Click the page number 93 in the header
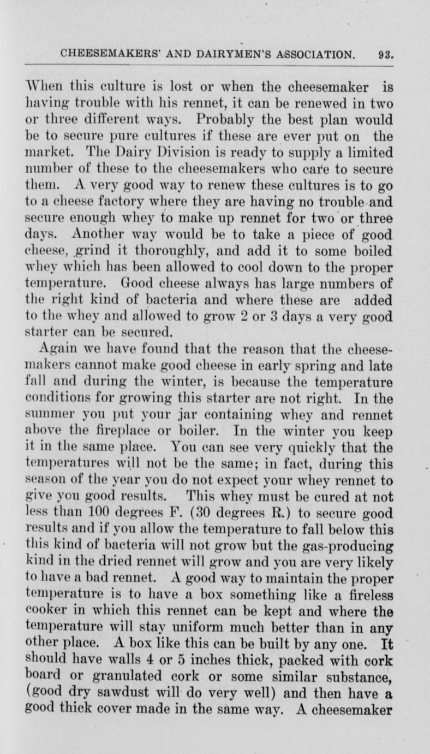coord(385,55)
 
